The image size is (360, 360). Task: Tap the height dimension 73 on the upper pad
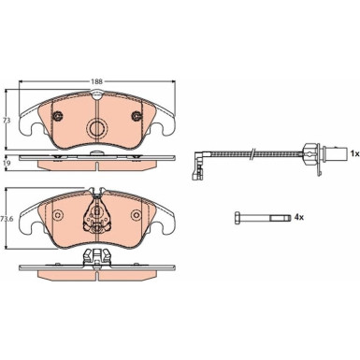(x=6, y=120)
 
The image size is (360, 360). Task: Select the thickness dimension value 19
(x=6, y=163)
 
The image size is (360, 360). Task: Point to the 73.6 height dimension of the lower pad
(x=7, y=218)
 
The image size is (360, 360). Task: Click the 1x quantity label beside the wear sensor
(x=354, y=151)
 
